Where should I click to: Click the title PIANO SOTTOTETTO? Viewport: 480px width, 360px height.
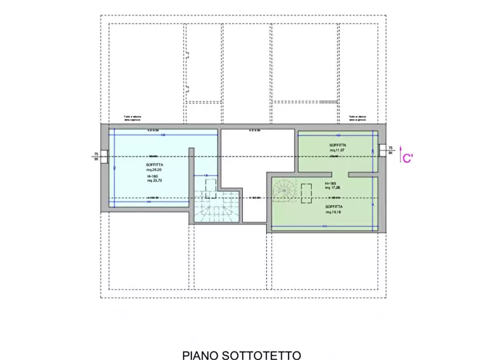[x=241, y=355]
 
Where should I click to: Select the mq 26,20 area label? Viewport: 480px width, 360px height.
[x=154, y=169]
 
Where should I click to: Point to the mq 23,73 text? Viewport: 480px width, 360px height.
[x=154, y=181]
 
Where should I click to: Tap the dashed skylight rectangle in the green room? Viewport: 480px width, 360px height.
[x=307, y=193]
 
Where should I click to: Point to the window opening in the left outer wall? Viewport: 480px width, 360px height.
[x=106, y=156]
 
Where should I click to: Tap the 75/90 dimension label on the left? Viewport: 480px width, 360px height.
[x=96, y=156]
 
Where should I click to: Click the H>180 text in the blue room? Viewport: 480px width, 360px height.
[x=152, y=176]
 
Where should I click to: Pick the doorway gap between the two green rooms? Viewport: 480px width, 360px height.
[x=340, y=174]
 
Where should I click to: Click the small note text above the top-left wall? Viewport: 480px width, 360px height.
[x=132, y=118]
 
